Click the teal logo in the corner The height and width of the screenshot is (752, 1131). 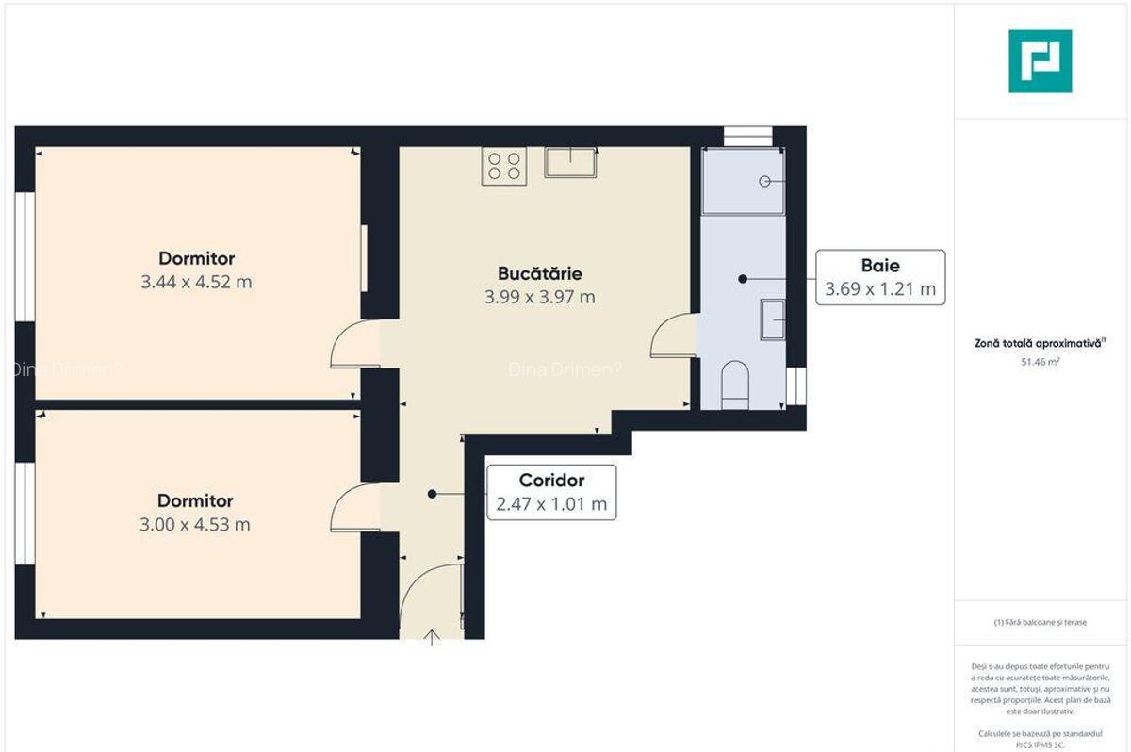(x=1040, y=61)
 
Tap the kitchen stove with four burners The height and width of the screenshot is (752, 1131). (x=503, y=166)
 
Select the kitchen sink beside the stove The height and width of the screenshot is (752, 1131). (x=570, y=162)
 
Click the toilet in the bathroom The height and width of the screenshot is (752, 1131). (x=734, y=387)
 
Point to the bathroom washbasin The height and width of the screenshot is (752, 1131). (x=774, y=319)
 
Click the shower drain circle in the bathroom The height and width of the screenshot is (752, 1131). (x=765, y=181)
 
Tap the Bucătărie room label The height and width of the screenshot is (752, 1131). (x=540, y=274)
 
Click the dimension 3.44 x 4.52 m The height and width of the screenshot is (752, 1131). (x=196, y=281)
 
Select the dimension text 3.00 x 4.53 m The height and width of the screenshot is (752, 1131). (x=196, y=524)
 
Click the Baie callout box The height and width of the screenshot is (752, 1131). (x=880, y=277)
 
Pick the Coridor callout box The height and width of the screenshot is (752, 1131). (x=551, y=492)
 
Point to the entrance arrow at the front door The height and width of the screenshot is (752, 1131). (x=432, y=638)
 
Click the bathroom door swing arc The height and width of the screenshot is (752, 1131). (x=671, y=336)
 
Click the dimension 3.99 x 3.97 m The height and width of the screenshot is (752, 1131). (x=540, y=297)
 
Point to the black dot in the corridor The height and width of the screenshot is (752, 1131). (x=432, y=494)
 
